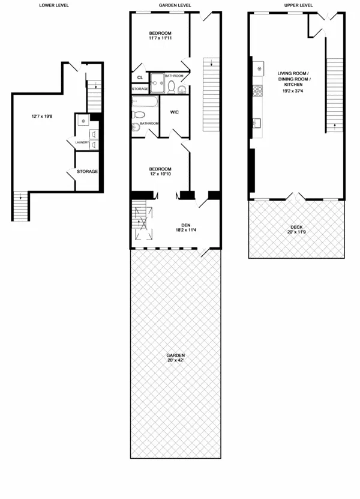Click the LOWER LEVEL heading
[53, 5]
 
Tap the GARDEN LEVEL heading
[175, 5]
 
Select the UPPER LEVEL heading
[298, 5]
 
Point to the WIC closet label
[175, 112]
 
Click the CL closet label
[140, 77]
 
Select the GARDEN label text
[176, 355]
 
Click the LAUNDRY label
[82, 142]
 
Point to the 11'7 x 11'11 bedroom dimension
[161, 38]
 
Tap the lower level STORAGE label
[87, 172]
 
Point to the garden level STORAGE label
[140, 89]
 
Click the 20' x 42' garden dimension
[176, 361]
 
